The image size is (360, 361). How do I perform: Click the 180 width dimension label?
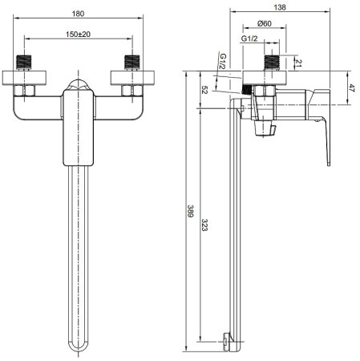click(78, 14)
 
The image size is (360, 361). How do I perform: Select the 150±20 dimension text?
click(78, 34)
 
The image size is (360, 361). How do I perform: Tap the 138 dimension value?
click(280, 7)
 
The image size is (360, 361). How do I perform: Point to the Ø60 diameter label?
click(265, 23)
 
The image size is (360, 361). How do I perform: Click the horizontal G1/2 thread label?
click(249, 39)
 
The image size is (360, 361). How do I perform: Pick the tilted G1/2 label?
click(223, 61)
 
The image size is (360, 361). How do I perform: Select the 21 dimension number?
click(298, 63)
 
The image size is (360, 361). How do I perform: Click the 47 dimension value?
click(351, 88)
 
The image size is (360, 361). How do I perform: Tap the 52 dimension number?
click(204, 90)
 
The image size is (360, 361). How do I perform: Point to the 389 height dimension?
click(190, 211)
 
